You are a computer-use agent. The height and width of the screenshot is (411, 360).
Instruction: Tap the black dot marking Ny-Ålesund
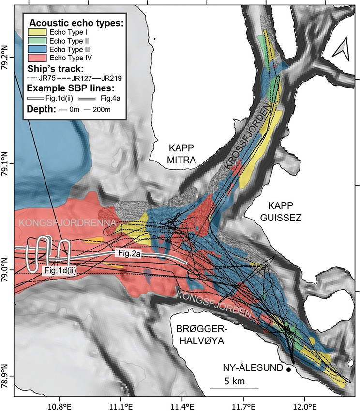click(288, 370)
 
